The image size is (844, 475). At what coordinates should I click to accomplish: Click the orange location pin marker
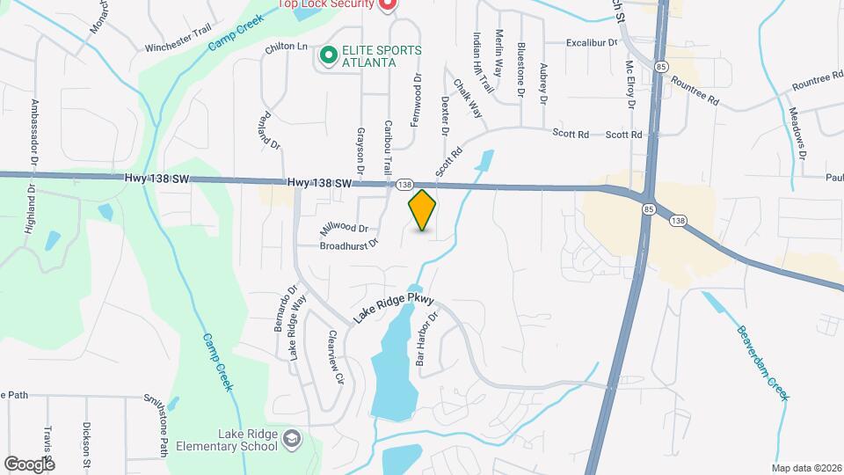point(423,210)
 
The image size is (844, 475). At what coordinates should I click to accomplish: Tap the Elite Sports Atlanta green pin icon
point(329,56)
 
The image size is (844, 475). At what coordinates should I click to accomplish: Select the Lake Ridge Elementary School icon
point(292,438)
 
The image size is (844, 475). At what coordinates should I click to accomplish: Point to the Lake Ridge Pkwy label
point(395,306)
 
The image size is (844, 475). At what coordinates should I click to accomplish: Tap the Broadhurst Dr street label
point(348,245)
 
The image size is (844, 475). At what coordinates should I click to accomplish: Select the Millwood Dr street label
point(343,228)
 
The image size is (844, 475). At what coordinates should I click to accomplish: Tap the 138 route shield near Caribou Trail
point(403,184)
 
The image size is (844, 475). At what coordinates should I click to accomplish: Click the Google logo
point(29,464)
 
